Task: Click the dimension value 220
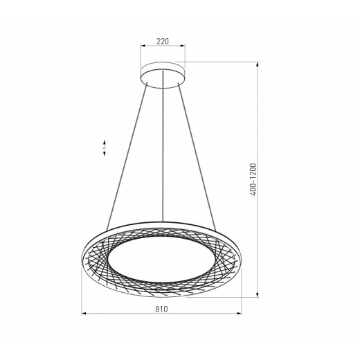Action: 163,42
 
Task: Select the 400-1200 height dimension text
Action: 254,180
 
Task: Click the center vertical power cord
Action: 163,152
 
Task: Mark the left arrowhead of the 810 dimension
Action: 84,314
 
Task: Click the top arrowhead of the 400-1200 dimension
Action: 258,64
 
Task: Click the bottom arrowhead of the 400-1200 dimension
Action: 258,294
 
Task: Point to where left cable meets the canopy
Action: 147,82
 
